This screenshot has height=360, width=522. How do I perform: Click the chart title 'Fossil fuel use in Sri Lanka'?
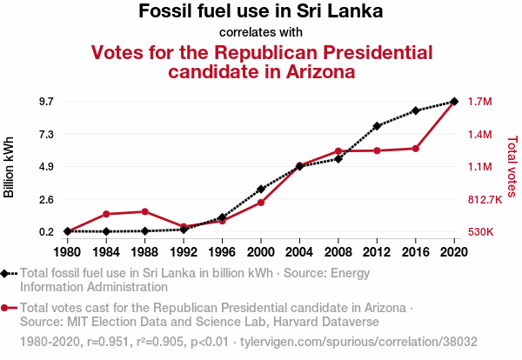click(261, 12)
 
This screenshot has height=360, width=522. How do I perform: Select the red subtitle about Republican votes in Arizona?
click(261, 62)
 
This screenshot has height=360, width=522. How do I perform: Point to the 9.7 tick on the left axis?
click(45, 102)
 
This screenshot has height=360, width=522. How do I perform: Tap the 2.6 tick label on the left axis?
click(45, 199)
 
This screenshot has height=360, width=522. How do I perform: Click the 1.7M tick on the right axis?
click(480, 102)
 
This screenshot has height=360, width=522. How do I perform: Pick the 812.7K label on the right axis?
click(485, 199)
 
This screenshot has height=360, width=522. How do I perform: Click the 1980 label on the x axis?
click(67, 252)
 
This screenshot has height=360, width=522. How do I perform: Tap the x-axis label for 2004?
click(299, 252)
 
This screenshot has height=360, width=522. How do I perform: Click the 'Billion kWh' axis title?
click(10, 166)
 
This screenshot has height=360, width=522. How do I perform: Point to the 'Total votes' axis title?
click(512, 166)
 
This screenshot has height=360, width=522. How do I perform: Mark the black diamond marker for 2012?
click(377, 126)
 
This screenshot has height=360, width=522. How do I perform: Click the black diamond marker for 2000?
click(261, 189)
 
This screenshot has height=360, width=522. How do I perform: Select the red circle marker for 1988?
click(144, 211)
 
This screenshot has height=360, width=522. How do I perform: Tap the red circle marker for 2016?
click(416, 149)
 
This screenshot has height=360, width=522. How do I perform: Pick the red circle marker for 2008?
click(338, 150)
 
